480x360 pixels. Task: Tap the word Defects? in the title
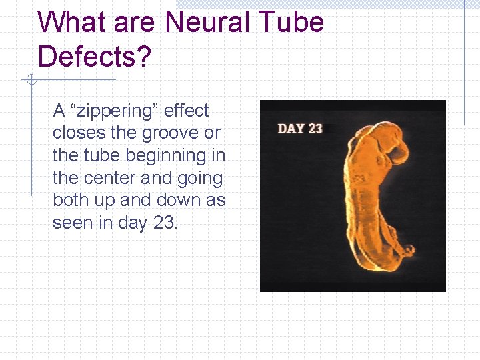[95, 57]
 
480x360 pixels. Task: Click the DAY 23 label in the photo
[300, 128]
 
